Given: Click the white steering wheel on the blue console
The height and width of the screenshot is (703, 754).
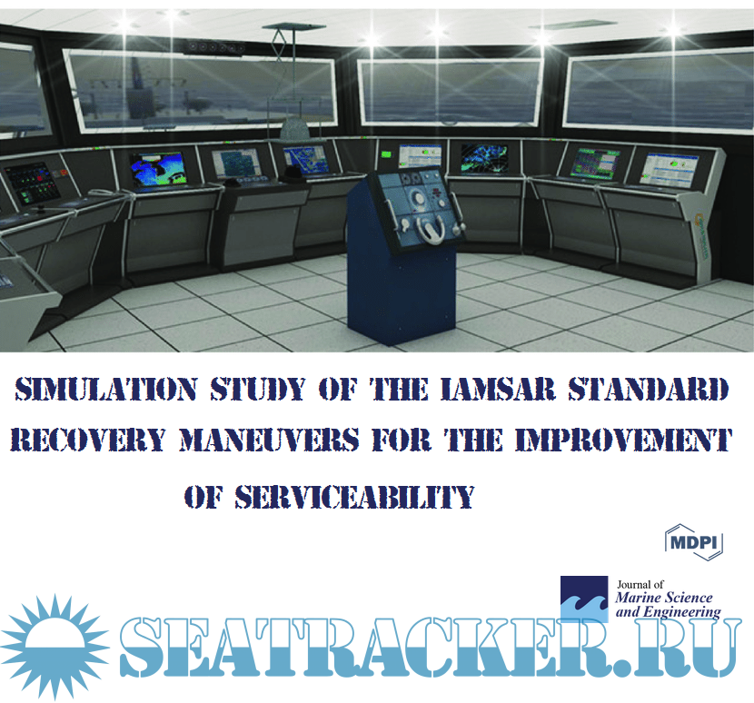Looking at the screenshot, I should tap(422, 224).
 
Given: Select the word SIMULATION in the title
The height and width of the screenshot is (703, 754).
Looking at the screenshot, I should tap(105, 391).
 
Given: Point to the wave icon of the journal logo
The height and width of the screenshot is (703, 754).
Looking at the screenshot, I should tap(584, 599).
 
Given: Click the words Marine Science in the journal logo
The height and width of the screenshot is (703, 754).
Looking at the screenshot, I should tap(664, 598).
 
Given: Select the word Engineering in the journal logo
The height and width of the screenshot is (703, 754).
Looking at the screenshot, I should tap(683, 612).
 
